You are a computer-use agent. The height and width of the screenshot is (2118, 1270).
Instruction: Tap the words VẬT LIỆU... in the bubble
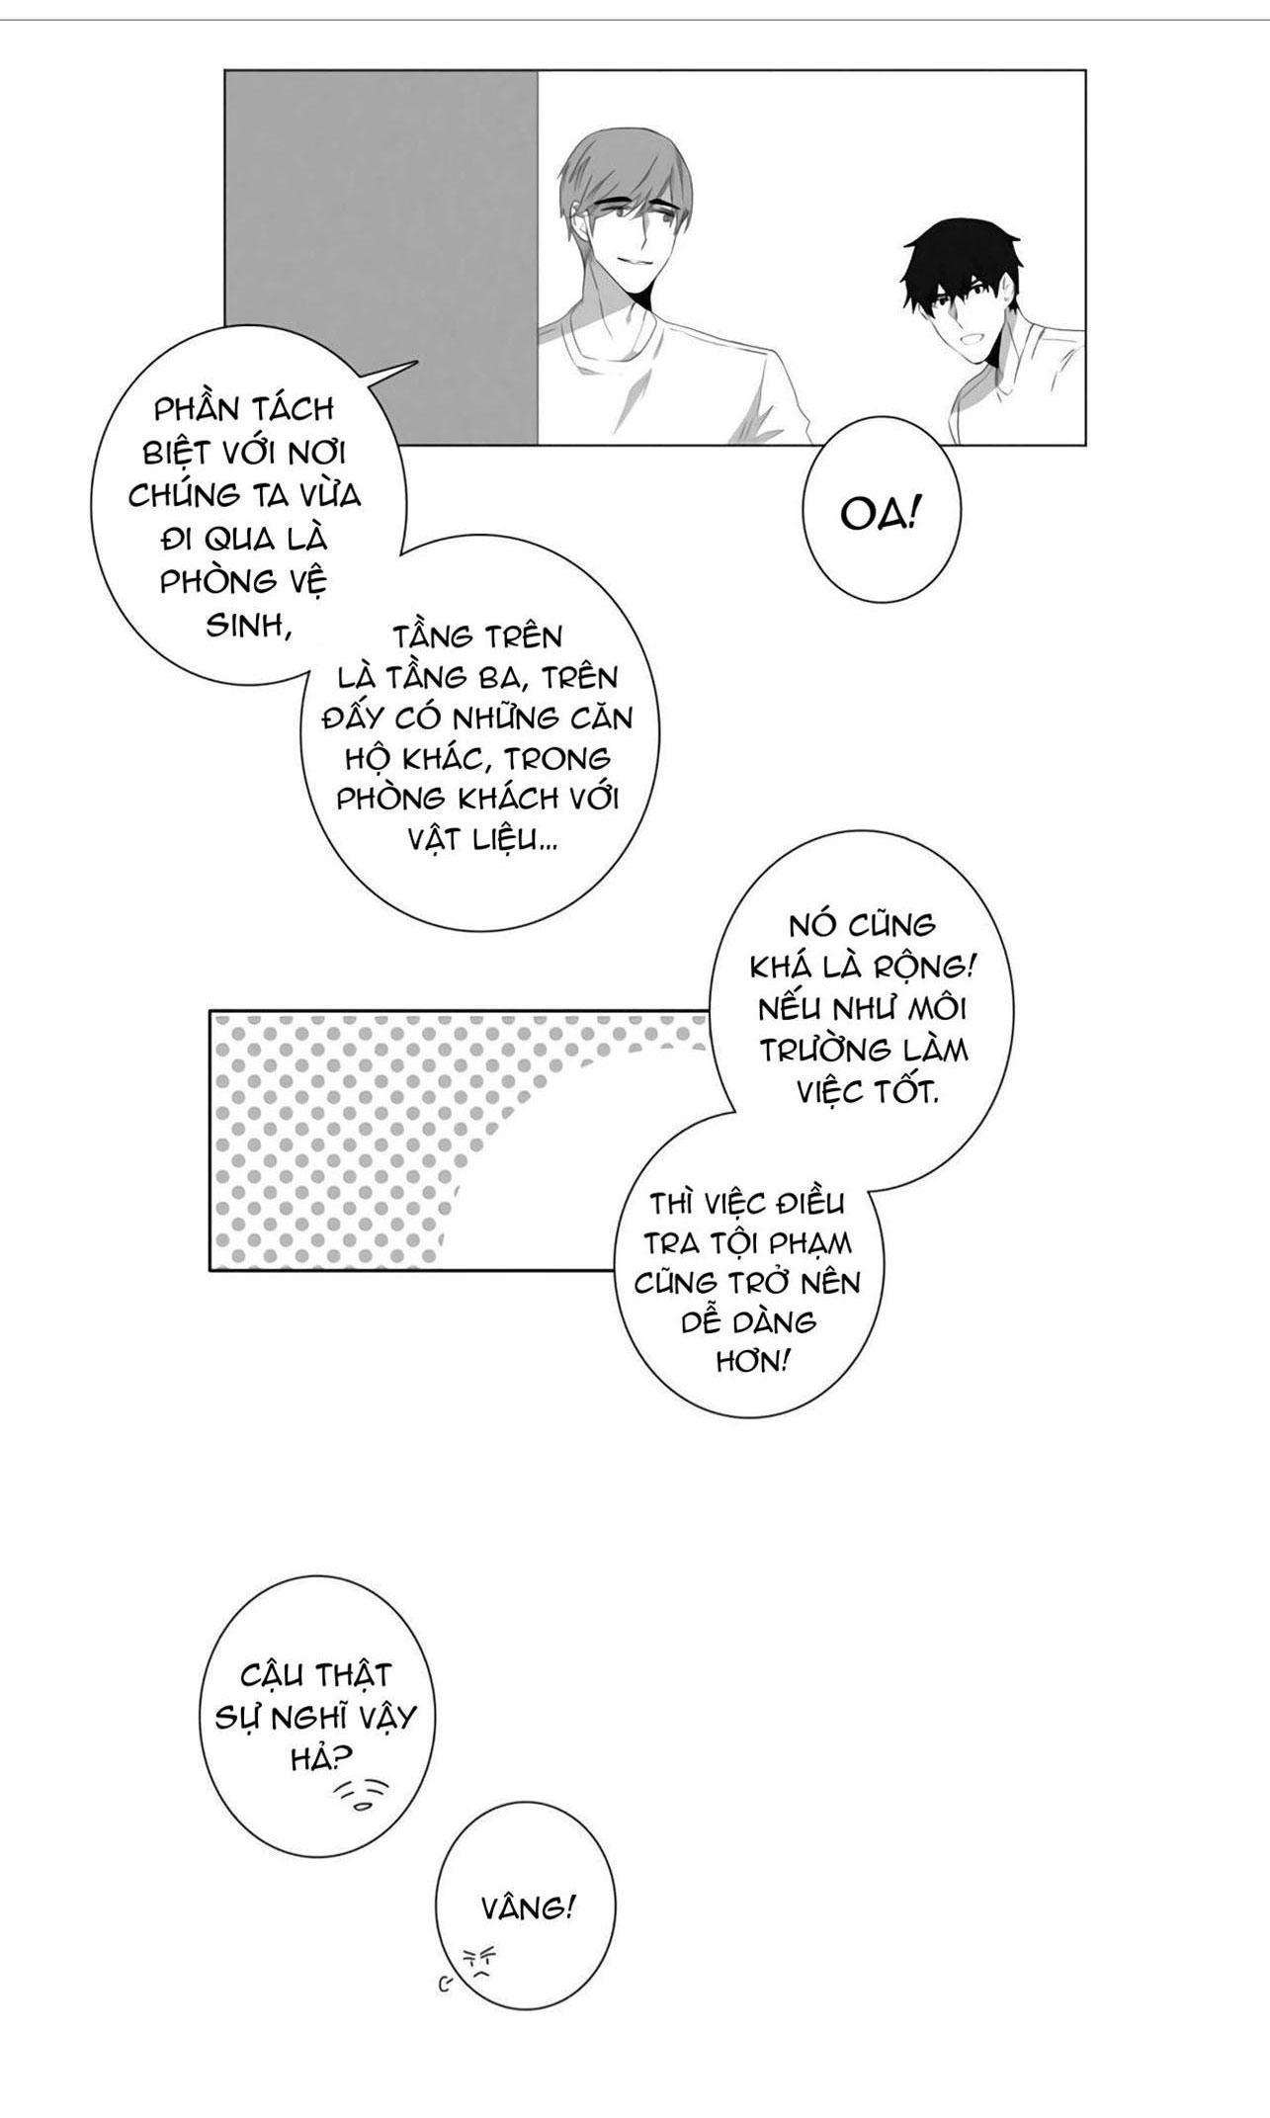482,840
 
